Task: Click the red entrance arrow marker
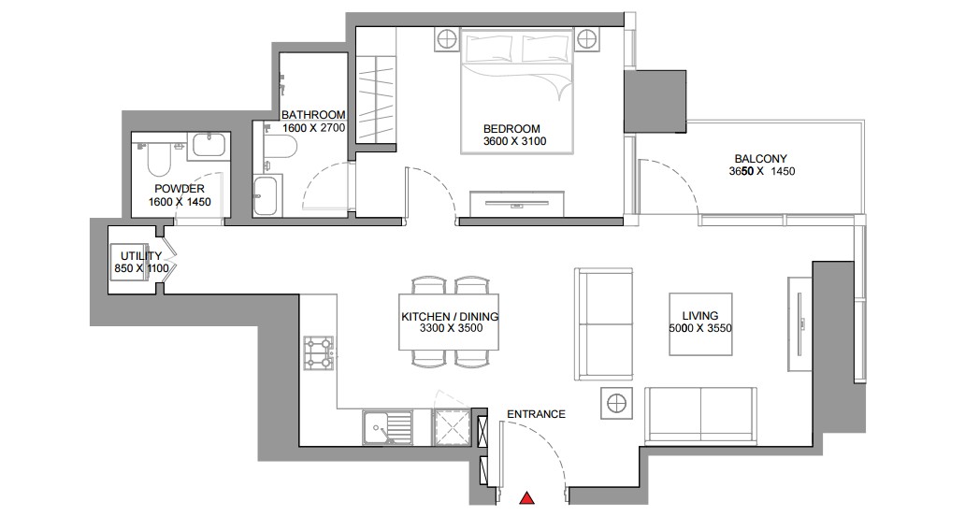(x=527, y=497)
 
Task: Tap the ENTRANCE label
(x=536, y=414)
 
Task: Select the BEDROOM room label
(x=511, y=129)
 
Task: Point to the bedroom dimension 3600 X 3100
(x=514, y=141)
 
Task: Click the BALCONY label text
(x=760, y=159)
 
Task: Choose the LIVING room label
(x=700, y=316)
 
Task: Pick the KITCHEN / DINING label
(x=450, y=317)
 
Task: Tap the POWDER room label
(x=180, y=189)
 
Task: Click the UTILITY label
(x=141, y=256)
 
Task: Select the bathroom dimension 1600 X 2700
(x=313, y=128)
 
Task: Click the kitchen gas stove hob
(x=319, y=352)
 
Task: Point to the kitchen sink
(x=386, y=427)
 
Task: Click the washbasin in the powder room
(x=210, y=145)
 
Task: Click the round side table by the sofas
(x=615, y=403)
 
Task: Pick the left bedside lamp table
(x=447, y=39)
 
